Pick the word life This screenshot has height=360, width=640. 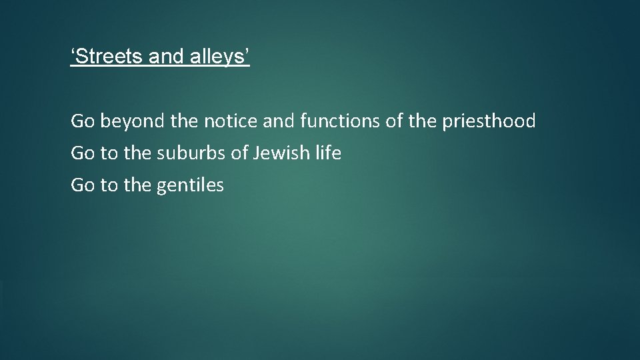(327, 153)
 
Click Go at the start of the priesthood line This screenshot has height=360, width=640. (83, 121)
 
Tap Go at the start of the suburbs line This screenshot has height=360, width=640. (83, 153)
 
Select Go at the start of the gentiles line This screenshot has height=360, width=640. (83, 185)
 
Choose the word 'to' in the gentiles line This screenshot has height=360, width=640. (108, 185)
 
